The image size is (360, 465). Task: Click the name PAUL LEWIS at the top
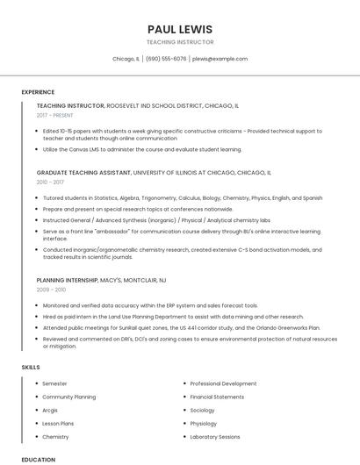pos(180,29)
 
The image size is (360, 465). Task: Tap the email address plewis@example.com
pos(220,59)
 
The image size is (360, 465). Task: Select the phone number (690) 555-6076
pos(166,59)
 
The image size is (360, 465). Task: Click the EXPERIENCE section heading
pos(38,92)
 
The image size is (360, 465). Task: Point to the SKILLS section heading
pos(30,366)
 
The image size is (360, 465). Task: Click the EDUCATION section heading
pos(38,459)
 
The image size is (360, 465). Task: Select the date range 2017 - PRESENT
pos(55,115)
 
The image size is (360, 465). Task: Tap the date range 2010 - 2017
pos(50,182)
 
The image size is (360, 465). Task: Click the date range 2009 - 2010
pos(51,289)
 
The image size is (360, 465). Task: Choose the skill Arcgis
pos(50,410)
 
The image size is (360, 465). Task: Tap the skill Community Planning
pos(69,397)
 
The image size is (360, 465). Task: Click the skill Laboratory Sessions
pos(215,436)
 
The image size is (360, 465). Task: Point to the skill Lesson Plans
pos(58,423)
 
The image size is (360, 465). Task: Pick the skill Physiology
pos(203,423)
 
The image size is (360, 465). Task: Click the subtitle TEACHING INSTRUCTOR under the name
pos(180,42)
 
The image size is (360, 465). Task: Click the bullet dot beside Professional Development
pos(183,383)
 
